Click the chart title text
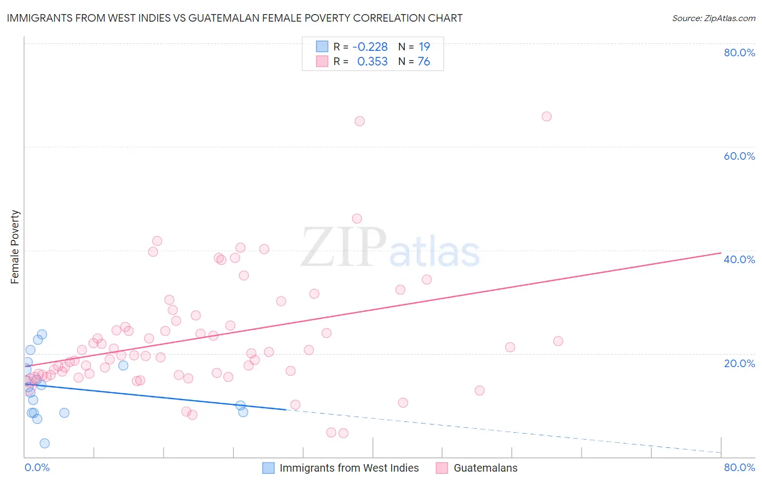(x=235, y=18)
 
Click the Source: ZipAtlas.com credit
(x=713, y=18)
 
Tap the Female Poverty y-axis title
(x=15, y=247)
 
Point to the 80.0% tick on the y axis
(x=739, y=53)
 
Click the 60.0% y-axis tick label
(x=739, y=156)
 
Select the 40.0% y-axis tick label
(x=739, y=259)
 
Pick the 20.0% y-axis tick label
(x=739, y=363)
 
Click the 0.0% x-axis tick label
(x=37, y=467)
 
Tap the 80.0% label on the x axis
(x=739, y=467)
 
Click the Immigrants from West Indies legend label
(x=349, y=468)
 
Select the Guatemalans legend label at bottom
(x=485, y=468)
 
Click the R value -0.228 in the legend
(x=370, y=47)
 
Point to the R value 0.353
(x=372, y=62)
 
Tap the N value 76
(x=424, y=62)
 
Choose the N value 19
(x=424, y=47)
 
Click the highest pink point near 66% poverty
(x=546, y=116)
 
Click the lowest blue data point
(x=44, y=443)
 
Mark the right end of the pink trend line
(x=720, y=253)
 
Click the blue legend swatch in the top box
(x=322, y=47)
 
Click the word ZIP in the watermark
(x=344, y=248)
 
